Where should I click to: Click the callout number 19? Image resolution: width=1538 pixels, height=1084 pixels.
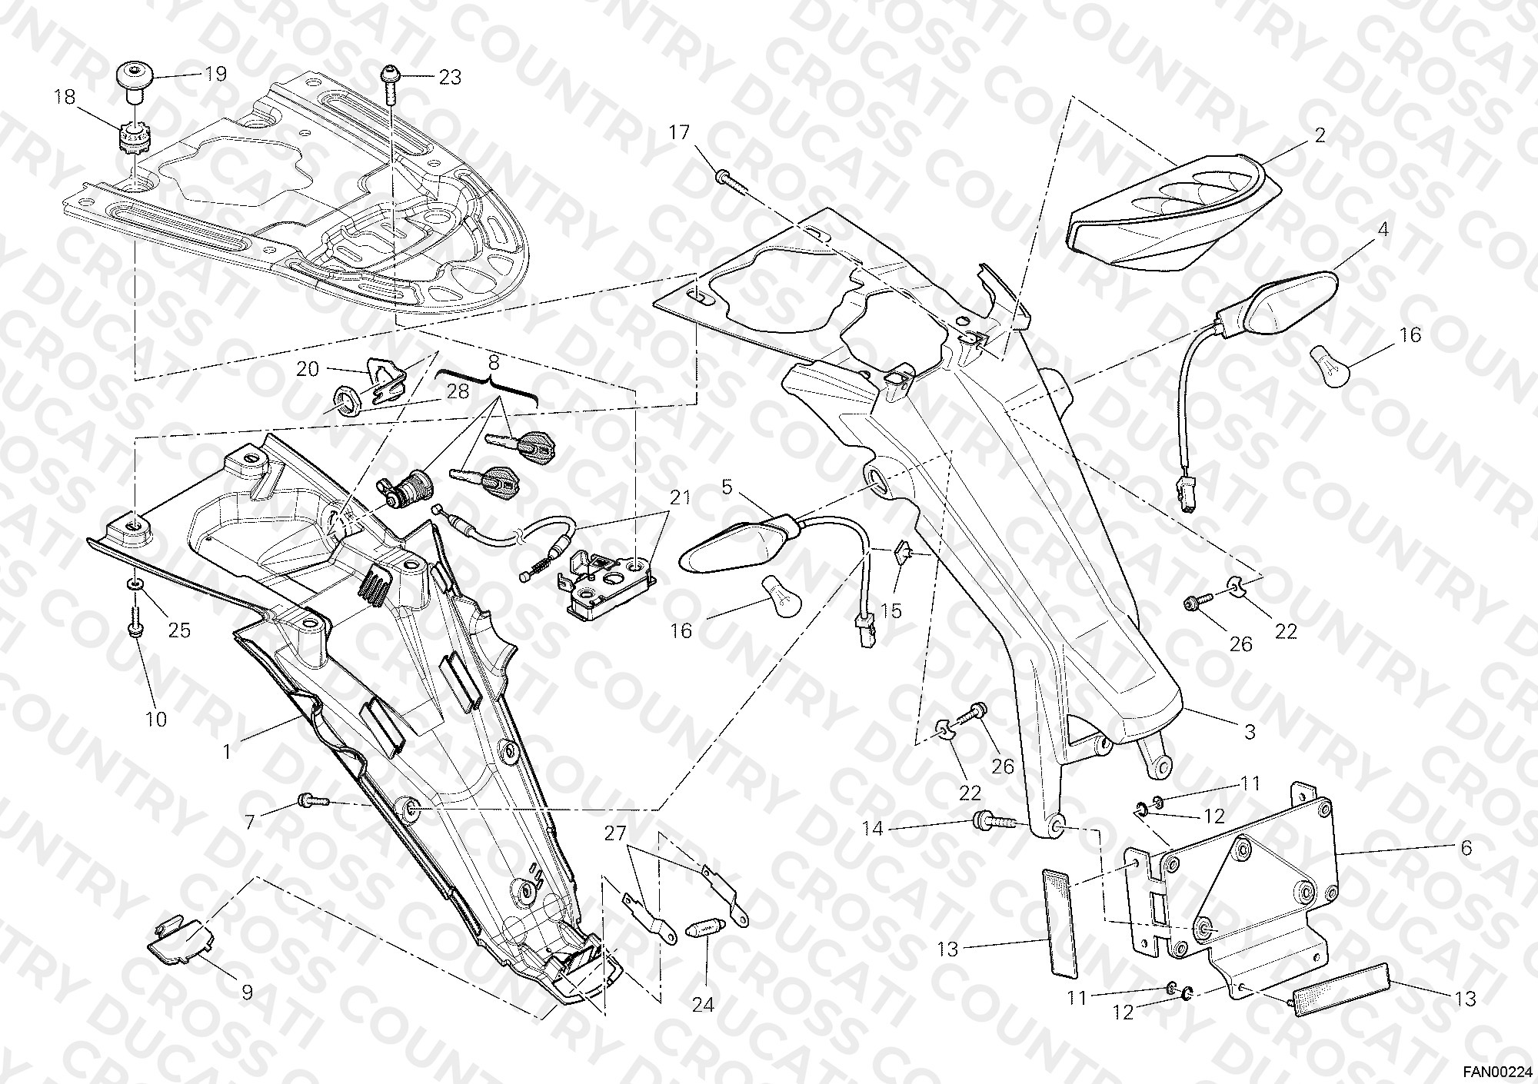click(215, 74)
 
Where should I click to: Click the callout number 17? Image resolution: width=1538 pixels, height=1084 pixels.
click(679, 132)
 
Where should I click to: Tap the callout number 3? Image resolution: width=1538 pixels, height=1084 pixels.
click(1250, 731)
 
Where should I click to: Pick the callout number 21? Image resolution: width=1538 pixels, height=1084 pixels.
click(679, 497)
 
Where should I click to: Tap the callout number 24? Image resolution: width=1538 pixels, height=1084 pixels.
click(703, 1004)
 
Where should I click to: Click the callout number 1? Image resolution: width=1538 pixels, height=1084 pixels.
click(227, 751)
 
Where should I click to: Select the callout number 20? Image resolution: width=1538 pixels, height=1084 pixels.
click(308, 369)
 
